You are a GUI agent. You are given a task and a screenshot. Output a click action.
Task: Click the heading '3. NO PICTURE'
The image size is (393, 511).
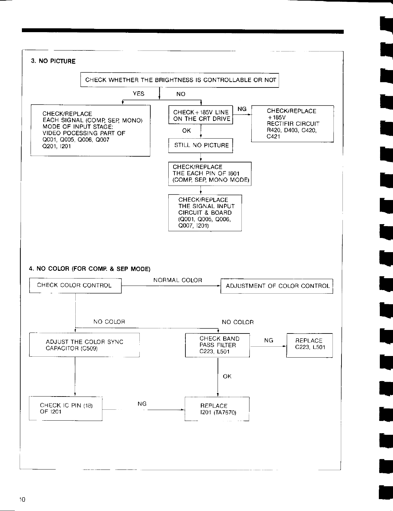click(53, 61)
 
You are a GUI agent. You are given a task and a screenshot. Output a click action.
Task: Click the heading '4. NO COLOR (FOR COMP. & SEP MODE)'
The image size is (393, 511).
click(89, 269)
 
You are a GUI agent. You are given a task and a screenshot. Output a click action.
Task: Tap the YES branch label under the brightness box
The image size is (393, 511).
click(138, 94)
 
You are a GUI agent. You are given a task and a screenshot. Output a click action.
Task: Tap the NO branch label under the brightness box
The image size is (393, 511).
click(181, 94)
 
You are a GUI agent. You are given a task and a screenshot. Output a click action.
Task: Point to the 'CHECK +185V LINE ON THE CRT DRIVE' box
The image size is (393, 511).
click(201, 115)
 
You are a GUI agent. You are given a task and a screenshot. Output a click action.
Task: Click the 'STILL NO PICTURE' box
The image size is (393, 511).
click(201, 145)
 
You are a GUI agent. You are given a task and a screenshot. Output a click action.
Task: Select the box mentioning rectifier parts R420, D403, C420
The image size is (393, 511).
click(292, 124)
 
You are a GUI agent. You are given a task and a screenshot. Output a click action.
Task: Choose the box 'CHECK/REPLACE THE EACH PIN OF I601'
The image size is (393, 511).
click(210, 174)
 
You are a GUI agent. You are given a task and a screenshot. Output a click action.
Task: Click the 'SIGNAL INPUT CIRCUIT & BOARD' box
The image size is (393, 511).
click(205, 213)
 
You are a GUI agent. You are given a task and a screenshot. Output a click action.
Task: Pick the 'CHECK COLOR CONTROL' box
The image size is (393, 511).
click(75, 285)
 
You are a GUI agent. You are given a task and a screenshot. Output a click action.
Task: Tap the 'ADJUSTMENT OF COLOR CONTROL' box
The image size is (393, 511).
click(276, 286)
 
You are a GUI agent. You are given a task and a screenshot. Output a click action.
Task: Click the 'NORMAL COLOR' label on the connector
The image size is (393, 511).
click(178, 280)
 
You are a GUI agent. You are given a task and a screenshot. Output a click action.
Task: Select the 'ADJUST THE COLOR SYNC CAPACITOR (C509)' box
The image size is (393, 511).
click(84, 345)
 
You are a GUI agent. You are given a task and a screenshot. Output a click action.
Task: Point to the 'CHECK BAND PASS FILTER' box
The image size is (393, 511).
click(218, 345)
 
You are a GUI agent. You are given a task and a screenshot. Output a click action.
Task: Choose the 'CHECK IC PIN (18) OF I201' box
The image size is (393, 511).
click(66, 409)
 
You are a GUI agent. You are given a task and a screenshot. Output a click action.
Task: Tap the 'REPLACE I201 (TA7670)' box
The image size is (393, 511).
click(217, 409)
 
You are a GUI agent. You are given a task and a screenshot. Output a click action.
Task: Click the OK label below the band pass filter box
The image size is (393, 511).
click(227, 376)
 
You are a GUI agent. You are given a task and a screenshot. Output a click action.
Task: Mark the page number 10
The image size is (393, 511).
click(22, 499)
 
